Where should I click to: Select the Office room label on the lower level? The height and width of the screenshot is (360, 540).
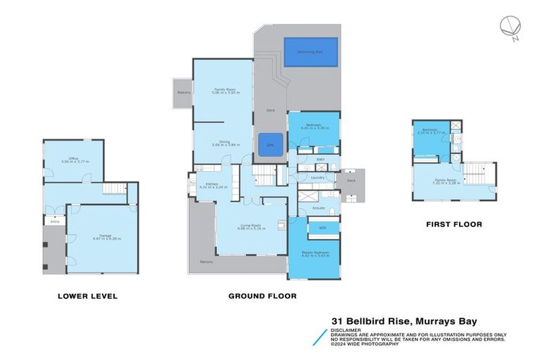pos(68,159)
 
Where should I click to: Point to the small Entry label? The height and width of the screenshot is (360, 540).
pos(54,221)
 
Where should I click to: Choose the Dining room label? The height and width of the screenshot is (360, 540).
pos(224,142)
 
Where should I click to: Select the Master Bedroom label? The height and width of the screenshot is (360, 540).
pos(314,253)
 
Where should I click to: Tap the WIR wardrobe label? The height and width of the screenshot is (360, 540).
pos(322,228)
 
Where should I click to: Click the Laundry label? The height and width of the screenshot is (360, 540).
pos(317,177)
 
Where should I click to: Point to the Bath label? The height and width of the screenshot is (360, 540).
pos(320,160)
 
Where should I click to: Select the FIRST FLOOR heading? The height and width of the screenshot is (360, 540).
pos(454,224)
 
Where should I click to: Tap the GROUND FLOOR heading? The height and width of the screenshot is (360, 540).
pos(262,296)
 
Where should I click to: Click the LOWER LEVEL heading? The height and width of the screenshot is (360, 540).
pos(87,296)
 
